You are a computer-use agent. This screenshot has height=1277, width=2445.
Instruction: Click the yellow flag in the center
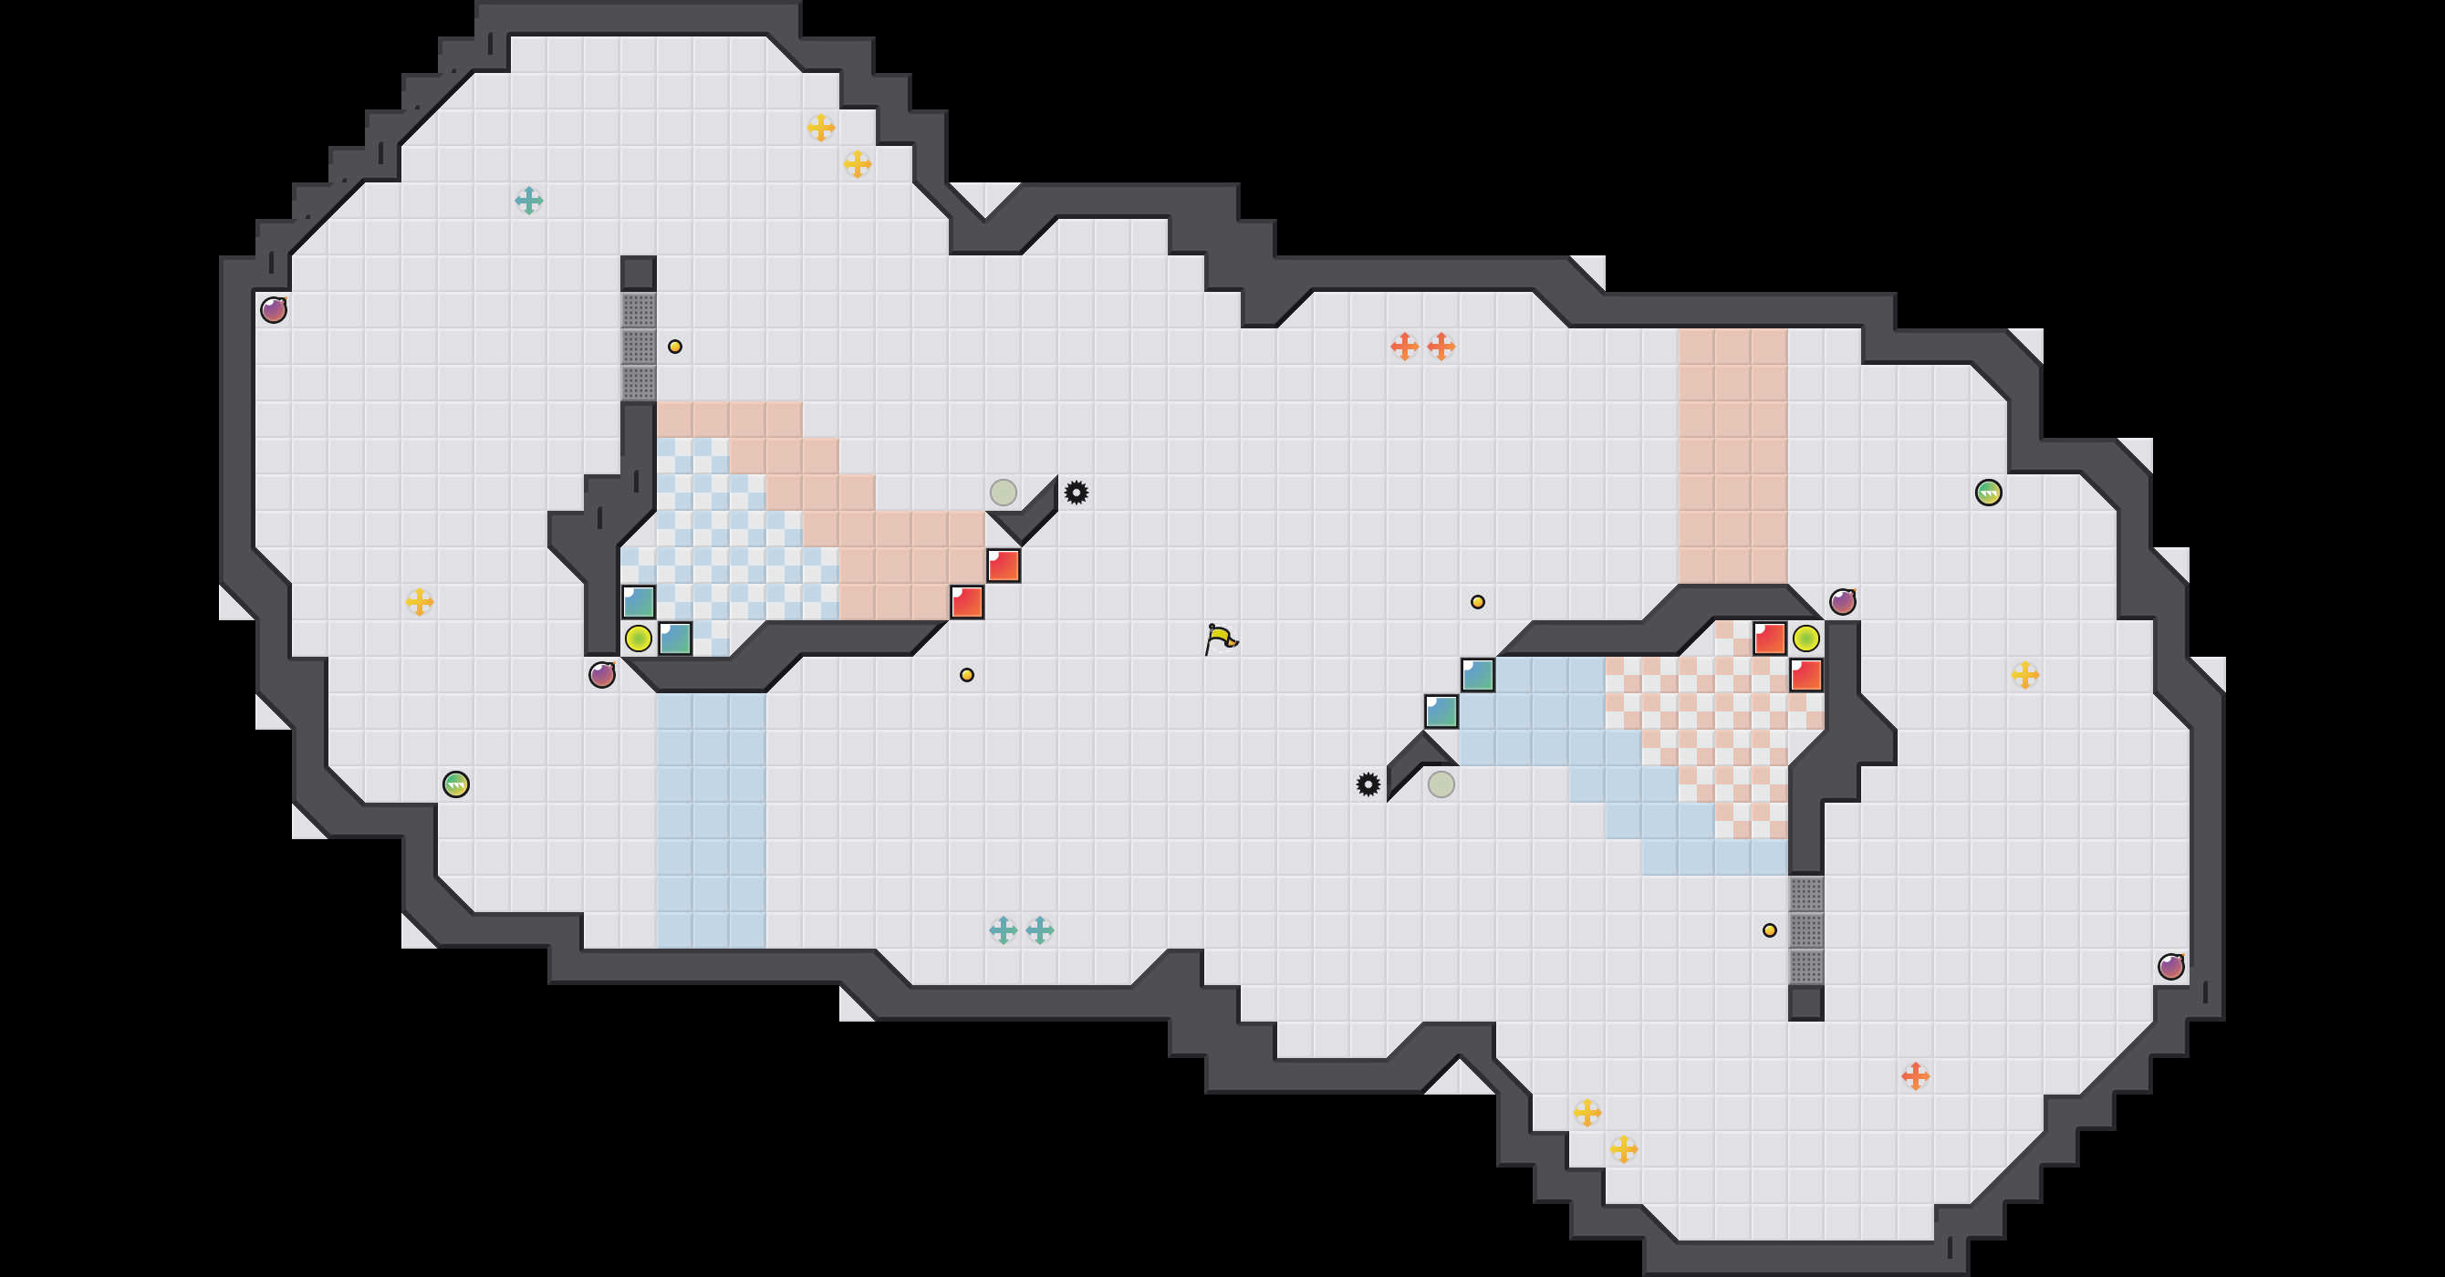pyautogui.click(x=1221, y=638)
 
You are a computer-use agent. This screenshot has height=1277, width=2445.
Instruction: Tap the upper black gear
pyautogui.click(x=1076, y=493)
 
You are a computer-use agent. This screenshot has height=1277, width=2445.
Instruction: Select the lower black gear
pyautogui.click(x=1368, y=784)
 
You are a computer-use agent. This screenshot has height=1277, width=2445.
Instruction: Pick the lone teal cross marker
pyautogui.click(x=528, y=200)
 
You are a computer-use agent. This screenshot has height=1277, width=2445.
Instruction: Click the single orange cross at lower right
pyautogui.click(x=1915, y=1075)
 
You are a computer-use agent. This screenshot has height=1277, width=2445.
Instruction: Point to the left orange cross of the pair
pyautogui.click(x=1404, y=347)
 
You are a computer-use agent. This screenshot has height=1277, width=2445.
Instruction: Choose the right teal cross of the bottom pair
pyautogui.click(x=1039, y=929)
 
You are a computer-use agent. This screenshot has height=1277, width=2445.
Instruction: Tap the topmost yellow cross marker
pyautogui.click(x=820, y=127)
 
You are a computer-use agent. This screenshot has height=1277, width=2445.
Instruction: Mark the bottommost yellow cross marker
pyautogui.click(x=1623, y=1149)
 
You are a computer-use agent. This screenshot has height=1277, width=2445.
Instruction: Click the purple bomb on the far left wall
pyautogui.click(x=274, y=309)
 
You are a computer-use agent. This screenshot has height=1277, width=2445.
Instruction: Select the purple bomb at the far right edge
pyautogui.click(x=2170, y=967)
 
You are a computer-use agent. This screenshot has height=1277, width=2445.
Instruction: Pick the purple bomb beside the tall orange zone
pyautogui.click(x=1842, y=601)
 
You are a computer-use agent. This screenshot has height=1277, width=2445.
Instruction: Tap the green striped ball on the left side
pyautogui.click(x=455, y=784)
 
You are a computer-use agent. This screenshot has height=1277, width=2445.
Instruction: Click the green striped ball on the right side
pyautogui.click(x=1989, y=493)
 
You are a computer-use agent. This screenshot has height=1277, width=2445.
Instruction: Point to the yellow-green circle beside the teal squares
pyautogui.click(x=638, y=638)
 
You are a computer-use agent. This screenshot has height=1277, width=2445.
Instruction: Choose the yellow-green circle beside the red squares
pyautogui.click(x=1805, y=638)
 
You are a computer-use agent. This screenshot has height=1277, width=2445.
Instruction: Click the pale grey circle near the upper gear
pyautogui.click(x=1004, y=493)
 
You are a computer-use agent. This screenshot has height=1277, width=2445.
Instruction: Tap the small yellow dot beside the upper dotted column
pyautogui.click(x=675, y=347)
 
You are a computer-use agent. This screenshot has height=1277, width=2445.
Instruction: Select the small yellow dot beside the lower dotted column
pyautogui.click(x=1769, y=930)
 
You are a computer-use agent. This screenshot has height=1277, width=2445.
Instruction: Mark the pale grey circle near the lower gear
pyautogui.click(x=1441, y=784)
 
